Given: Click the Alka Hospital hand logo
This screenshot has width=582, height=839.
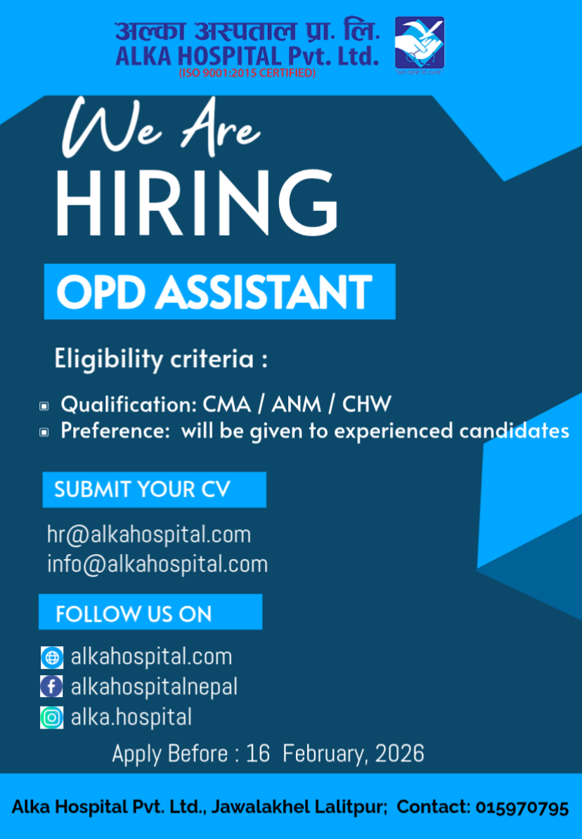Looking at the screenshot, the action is pyautogui.click(x=420, y=45).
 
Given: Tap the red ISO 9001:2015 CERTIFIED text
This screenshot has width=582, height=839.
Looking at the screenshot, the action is pyautogui.click(x=247, y=72).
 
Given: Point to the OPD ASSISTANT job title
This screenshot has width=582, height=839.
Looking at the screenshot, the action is pyautogui.click(x=214, y=292).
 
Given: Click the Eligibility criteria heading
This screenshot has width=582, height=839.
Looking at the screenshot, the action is pyautogui.click(x=160, y=359).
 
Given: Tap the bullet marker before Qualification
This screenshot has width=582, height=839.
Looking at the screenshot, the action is pyautogui.click(x=44, y=406).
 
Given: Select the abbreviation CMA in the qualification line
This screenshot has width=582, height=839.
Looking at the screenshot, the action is pyautogui.click(x=226, y=404).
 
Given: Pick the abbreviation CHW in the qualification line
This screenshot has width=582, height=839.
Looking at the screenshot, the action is pyautogui.click(x=367, y=404).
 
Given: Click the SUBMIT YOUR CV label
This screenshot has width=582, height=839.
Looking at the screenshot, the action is pyautogui.click(x=142, y=489).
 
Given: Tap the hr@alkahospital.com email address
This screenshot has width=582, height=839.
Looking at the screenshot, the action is pyautogui.click(x=149, y=535).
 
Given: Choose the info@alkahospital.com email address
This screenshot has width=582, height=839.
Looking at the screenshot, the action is pyautogui.click(x=157, y=565).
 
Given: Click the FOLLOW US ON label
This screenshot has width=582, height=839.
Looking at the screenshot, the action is pyautogui.click(x=134, y=614).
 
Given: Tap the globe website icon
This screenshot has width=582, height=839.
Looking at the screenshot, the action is pyautogui.click(x=52, y=657).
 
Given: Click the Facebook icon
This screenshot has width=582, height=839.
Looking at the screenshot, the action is pyautogui.click(x=52, y=686).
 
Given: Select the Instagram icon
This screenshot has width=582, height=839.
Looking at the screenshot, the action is pyautogui.click(x=52, y=717).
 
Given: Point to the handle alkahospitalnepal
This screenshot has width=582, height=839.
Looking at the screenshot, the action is pyautogui.click(x=154, y=687).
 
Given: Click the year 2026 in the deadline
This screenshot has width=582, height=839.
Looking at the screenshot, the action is pyautogui.click(x=399, y=754).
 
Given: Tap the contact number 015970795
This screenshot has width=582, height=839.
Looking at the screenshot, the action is pyautogui.click(x=522, y=807).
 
